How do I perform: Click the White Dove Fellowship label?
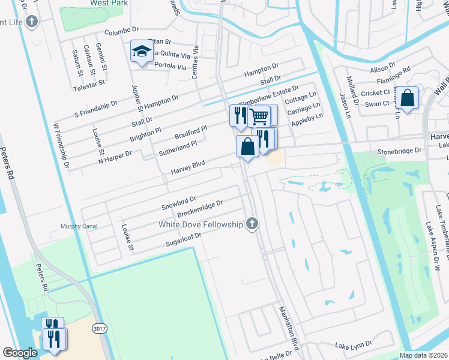coord(200,224)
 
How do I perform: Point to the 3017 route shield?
coord(100,329)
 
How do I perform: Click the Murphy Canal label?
coord(79,226)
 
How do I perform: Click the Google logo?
coord(20,353)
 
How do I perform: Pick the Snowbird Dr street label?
coord(179,202)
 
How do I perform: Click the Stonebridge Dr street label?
coord(399,152)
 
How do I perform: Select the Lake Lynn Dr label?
coord(354,346)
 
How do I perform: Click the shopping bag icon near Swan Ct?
coord(408,99)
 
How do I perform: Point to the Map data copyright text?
coord(423,355)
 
